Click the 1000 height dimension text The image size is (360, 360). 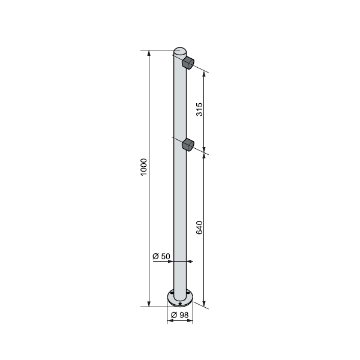point(143,167)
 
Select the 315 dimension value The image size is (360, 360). point(200,109)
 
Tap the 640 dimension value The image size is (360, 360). point(200,227)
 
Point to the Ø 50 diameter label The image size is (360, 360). point(162,256)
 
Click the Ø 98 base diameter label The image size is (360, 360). point(179,315)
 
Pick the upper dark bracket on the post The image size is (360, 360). point(189,62)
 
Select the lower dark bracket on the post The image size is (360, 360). point(189,144)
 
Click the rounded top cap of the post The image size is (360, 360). point(180,51)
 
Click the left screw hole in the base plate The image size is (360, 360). point(171,294)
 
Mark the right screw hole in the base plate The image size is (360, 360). point(189,295)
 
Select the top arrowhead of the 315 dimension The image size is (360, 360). point(205,76)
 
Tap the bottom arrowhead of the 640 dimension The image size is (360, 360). point(205,304)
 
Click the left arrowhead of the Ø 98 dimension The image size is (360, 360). point(169,321)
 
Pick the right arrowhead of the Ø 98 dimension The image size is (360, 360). point(191,321)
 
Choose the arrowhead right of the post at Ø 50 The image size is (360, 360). point(190,261)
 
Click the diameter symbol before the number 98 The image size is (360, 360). point(173,315)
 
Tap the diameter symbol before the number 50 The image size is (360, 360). point(156,256)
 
